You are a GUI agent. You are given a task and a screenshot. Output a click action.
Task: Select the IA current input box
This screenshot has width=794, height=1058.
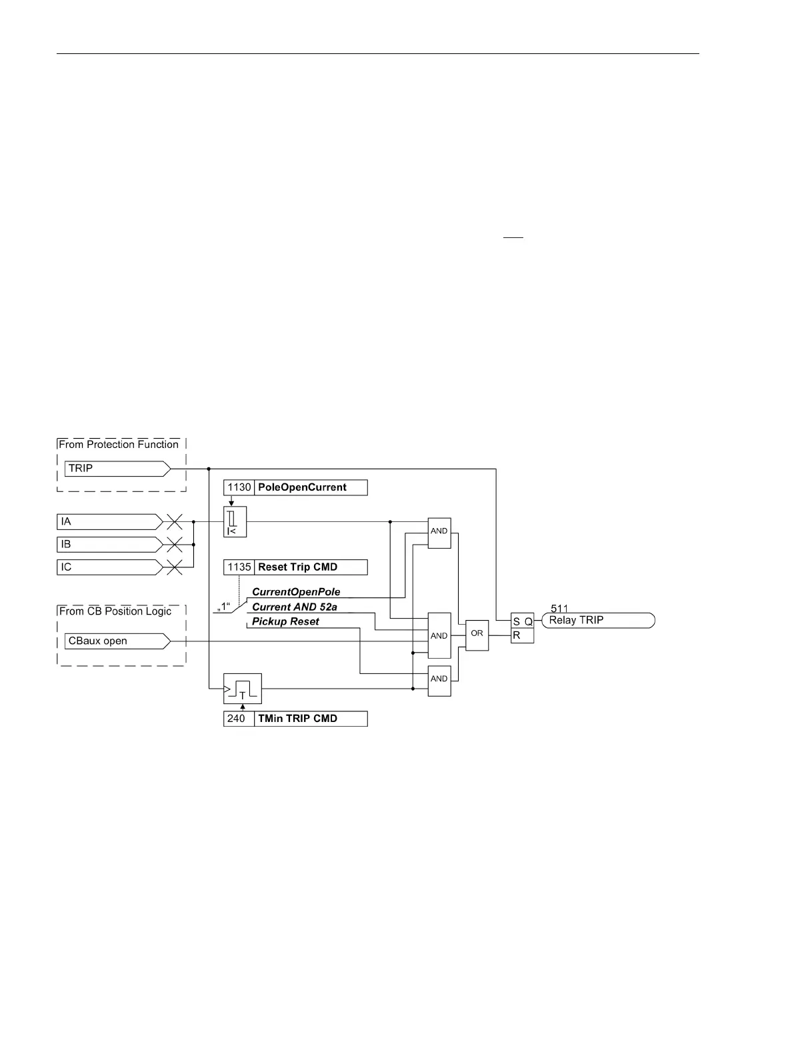pos(109,521)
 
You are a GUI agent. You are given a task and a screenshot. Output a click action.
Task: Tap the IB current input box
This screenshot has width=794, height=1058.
pos(109,545)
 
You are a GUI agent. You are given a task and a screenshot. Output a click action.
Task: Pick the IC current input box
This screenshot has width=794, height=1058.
pos(109,567)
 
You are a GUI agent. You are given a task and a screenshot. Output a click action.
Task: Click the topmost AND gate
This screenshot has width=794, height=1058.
pos(439,532)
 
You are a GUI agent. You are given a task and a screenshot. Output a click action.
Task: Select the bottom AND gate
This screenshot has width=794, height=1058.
pos(439,680)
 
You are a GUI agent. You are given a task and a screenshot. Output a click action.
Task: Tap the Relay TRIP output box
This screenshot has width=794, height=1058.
pos(597,621)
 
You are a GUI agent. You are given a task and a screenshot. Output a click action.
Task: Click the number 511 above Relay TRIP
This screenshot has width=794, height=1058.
pos(559,608)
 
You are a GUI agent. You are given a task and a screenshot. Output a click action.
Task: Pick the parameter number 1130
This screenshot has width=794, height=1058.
pos(239,487)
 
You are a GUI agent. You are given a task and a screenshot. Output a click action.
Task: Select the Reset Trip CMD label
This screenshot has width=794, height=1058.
pos(297,567)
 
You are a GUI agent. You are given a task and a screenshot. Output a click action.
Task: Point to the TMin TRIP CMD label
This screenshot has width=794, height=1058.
pos(297,719)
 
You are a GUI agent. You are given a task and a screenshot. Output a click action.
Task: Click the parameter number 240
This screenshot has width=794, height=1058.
pos(237,719)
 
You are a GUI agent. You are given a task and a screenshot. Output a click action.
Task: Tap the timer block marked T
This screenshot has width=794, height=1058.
pos(242,688)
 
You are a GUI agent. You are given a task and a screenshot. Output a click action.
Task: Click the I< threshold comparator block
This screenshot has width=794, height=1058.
pos(235,521)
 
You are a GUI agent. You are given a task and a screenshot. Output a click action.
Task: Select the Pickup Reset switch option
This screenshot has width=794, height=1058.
pos(285,622)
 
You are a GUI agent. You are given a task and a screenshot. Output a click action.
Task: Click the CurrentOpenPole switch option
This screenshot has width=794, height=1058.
pos(296,592)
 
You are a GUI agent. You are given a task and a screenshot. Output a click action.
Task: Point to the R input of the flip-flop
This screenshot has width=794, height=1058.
pos(517,636)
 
